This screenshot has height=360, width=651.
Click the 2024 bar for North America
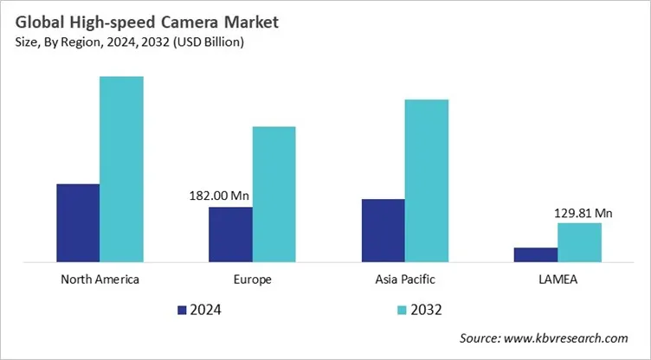point(78,222)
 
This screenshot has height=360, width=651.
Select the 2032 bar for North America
point(121,169)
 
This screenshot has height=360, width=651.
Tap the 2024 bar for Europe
point(230,234)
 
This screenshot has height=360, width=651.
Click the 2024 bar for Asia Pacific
point(383,230)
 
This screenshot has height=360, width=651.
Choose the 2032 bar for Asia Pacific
point(427,180)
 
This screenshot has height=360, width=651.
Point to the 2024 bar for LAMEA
point(536,254)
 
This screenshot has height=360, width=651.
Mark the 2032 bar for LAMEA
point(579,242)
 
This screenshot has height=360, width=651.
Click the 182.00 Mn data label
point(221,196)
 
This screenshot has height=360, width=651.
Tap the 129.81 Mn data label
point(583,213)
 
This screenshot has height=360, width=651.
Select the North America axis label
point(100,280)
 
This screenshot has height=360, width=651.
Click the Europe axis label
point(252,280)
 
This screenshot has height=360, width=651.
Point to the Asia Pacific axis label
point(405,280)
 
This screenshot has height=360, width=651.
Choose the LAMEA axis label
point(558,280)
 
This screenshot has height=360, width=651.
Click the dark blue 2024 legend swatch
point(182,309)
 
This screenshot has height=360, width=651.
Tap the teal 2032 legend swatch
point(401,309)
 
